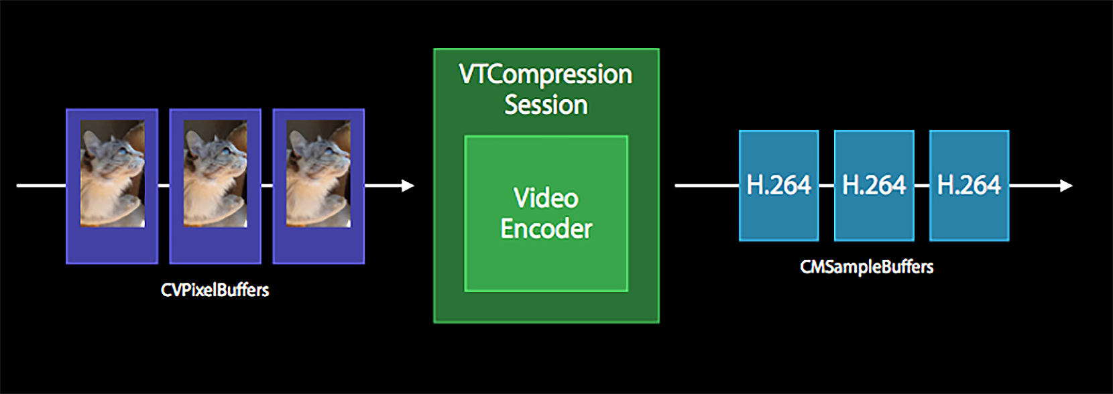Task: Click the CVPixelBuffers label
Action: [215, 290]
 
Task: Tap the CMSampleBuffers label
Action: [866, 267]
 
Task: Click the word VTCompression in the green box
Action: [546, 74]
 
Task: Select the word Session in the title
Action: [546, 105]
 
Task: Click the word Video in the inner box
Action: [546, 198]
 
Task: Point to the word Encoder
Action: [546, 229]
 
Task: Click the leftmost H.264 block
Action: [778, 185]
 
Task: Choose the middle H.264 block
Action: [874, 185]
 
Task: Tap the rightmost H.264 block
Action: [969, 185]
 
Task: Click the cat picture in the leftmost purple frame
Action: [112, 174]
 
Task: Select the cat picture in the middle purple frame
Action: [215, 174]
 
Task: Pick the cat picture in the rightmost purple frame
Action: [318, 174]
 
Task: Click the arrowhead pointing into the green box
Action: [408, 186]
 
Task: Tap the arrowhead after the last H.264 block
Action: [1066, 186]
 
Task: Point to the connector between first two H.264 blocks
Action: [827, 186]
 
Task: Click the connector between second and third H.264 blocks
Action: [922, 186]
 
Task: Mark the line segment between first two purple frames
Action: [164, 186]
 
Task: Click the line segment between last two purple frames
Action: [267, 186]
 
